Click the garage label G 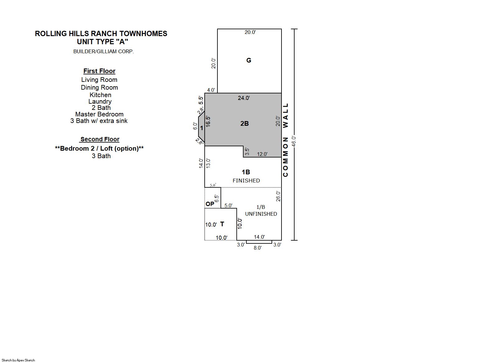(249, 60)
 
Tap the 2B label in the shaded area (244, 124)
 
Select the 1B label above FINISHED (246, 172)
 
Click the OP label (210, 204)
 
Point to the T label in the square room (222, 224)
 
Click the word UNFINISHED (261, 214)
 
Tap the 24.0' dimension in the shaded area (244, 98)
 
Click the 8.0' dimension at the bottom (258, 248)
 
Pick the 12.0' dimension (262, 154)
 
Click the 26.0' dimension (278, 196)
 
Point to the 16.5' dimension (208, 121)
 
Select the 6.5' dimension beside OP (216, 198)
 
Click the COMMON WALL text (286, 140)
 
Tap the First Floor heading (99, 71)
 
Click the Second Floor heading (100, 139)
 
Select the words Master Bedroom (99, 114)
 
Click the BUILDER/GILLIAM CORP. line (104, 52)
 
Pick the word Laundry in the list (100, 101)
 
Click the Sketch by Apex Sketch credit (18, 360)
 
